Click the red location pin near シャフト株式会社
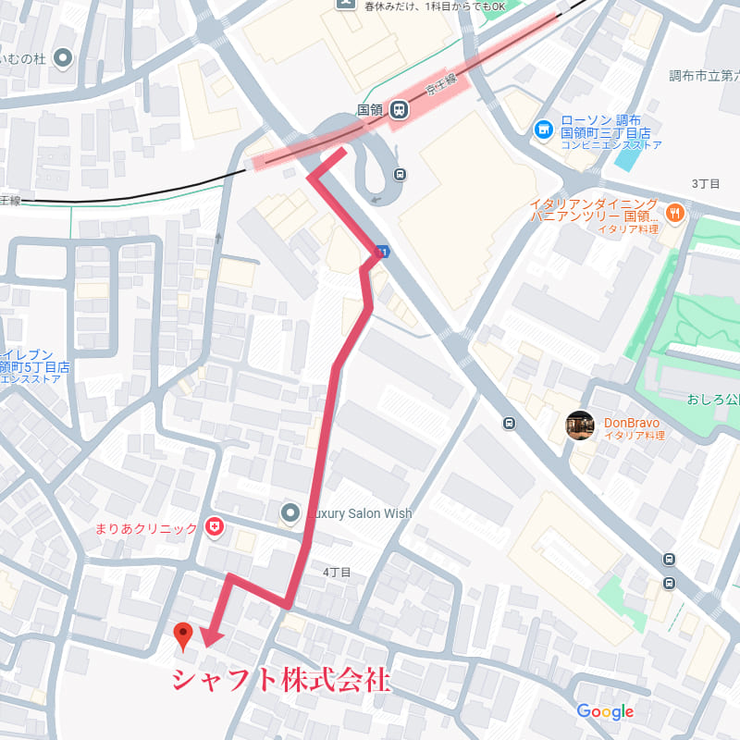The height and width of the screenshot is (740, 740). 184,635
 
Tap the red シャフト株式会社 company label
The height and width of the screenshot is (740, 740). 280,680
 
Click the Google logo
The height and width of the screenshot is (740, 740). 605,711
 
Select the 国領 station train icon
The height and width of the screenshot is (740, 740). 400,109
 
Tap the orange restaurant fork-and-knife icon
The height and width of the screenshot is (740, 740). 675,211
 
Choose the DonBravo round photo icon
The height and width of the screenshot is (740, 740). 580,425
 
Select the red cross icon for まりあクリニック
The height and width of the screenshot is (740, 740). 215,528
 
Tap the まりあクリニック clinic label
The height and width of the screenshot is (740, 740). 146,529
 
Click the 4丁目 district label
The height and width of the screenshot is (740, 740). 337,573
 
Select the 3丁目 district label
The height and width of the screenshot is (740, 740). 706,184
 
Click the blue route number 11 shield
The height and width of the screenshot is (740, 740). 380,252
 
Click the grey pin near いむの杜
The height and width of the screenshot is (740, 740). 64,59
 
